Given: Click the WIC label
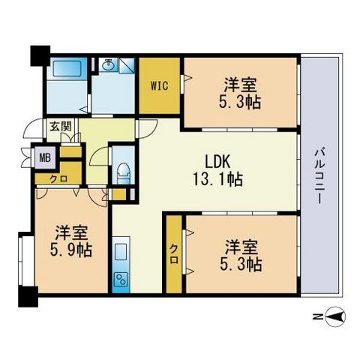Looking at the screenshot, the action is pyautogui.click(x=159, y=86).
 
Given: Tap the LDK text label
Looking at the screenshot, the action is pyautogui.click(x=217, y=161).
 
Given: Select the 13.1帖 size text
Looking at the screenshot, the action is pyautogui.click(x=217, y=179).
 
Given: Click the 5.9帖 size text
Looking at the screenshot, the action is pyautogui.click(x=71, y=250).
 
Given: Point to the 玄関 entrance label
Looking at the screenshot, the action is pyautogui.click(x=61, y=126).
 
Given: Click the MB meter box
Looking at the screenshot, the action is pyautogui.click(x=45, y=158).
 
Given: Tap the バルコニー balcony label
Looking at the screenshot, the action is pyautogui.click(x=319, y=175).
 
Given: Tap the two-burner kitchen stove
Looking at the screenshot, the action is pyautogui.click(x=121, y=280).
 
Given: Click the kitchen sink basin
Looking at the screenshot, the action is pyautogui.click(x=121, y=251).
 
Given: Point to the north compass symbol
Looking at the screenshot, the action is pyautogui.click(x=336, y=317).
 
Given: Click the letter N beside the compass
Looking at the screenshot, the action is pyautogui.click(x=317, y=317).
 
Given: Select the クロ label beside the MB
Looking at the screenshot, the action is pyautogui.click(x=58, y=178).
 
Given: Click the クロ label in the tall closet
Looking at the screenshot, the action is pyautogui.click(x=174, y=253).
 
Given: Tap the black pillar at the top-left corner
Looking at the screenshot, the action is pyautogui.click(x=40, y=56).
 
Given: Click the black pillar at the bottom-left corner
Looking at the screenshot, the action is pyautogui.click(x=28, y=297).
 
